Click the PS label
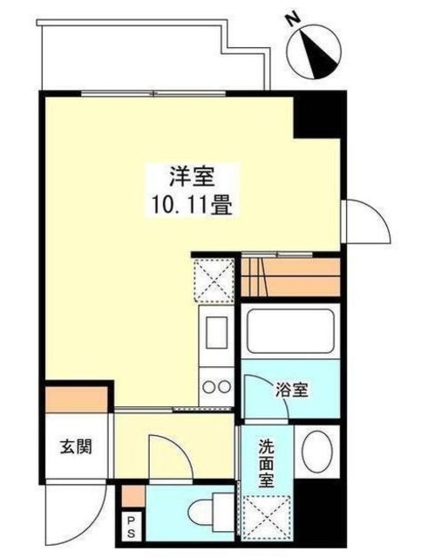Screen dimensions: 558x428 click(x=132, y=527)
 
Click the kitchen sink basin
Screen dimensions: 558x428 click(x=214, y=333)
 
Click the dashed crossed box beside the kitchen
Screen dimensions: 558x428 click(x=213, y=279)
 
